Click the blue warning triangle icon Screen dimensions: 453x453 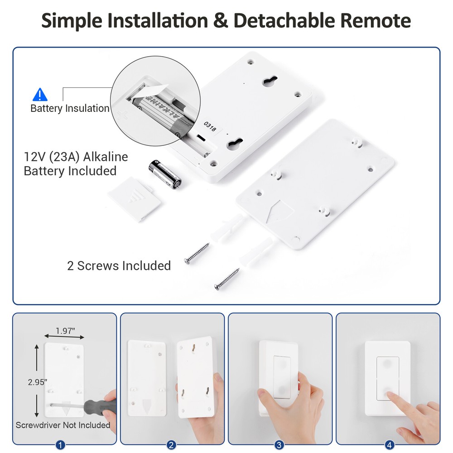click(40, 95)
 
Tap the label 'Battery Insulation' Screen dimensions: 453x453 click(70, 109)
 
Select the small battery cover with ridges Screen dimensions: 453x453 click(134, 199)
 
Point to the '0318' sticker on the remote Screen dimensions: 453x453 click(210, 125)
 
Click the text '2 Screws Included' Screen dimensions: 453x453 click(119, 265)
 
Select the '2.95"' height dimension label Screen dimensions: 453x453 click(37, 382)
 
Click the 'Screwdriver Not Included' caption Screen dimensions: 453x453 click(63, 425)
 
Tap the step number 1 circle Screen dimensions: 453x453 click(60, 445)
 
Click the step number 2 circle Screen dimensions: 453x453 click(172, 445)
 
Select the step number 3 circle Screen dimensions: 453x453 click(280, 445)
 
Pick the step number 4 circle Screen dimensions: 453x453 click(387, 445)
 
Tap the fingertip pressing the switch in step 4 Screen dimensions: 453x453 click(391, 396)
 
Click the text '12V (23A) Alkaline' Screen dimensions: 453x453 click(76, 157)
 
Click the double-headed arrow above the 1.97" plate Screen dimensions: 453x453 click(64, 337)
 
